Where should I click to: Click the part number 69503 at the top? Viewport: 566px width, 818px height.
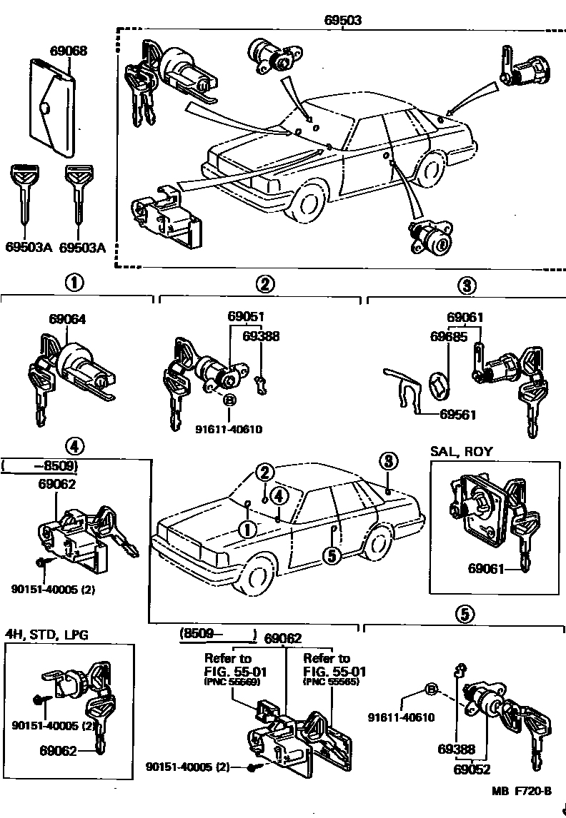(x=342, y=20)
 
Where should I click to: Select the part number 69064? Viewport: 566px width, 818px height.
(x=67, y=319)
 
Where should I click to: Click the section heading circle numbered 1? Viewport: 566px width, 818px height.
(x=74, y=283)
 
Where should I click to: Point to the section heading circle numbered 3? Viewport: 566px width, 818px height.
(x=465, y=286)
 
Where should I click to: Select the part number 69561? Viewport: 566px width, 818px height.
(x=458, y=415)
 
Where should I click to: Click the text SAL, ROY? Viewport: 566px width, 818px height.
(x=462, y=451)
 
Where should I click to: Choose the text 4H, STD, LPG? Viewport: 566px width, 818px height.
(x=47, y=635)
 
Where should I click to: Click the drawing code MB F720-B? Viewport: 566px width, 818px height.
(x=522, y=790)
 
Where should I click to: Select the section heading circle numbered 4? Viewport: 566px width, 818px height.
(x=74, y=446)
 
